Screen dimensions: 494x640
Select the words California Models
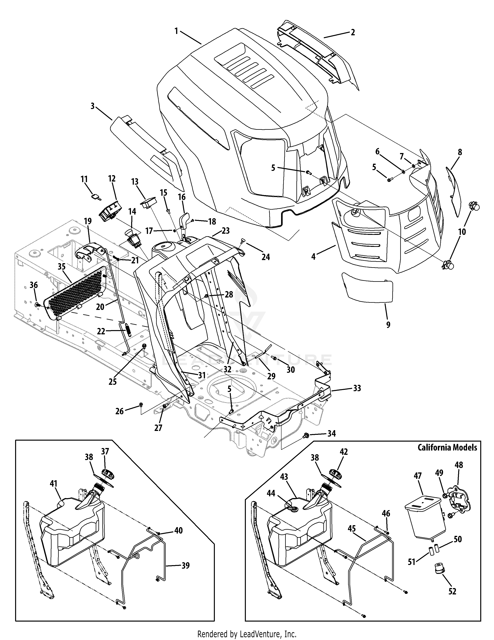point(448,456)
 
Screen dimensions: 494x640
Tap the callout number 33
point(357,388)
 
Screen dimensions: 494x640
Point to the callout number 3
point(92,106)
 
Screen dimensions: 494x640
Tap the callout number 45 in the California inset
point(352,529)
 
